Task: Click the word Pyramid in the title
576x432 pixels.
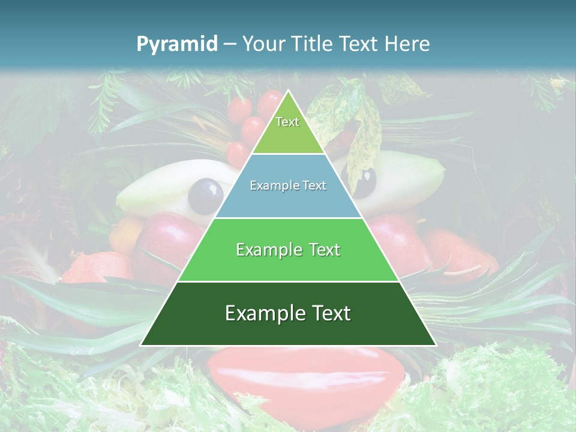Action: pos(176,44)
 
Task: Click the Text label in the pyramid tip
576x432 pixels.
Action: pos(287,122)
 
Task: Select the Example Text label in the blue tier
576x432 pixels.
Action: pos(288,186)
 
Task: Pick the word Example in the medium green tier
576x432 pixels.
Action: pos(264,250)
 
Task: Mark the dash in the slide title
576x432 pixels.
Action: pos(229,44)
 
